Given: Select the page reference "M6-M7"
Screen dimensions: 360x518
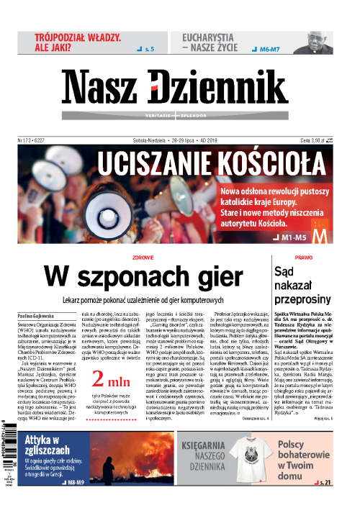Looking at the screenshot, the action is click(x=271, y=50).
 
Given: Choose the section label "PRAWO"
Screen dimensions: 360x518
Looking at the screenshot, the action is click(x=303, y=257).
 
